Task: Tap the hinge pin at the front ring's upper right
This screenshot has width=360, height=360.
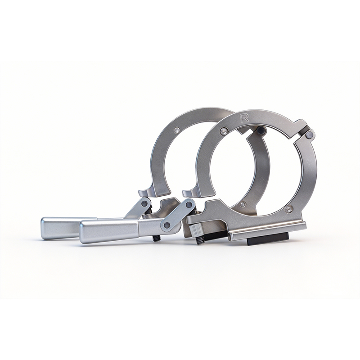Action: [310, 134]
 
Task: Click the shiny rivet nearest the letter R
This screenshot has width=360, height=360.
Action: [223, 131]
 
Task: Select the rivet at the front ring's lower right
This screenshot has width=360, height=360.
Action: [288, 209]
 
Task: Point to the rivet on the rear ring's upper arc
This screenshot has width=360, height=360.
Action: [176, 130]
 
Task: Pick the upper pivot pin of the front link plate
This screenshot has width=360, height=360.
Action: [189, 205]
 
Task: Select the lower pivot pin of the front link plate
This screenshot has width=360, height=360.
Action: [168, 225]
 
